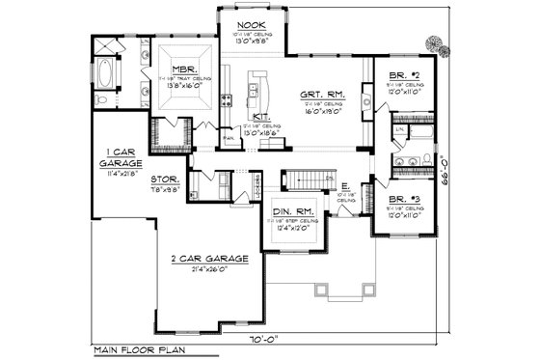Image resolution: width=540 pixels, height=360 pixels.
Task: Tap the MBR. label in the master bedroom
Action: click(185, 69)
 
